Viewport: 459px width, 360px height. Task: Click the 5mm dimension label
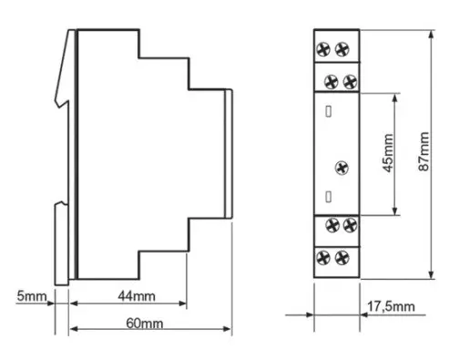coord(32,295)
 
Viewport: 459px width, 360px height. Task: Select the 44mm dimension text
coord(137,296)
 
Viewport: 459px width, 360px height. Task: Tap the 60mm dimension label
coord(145,324)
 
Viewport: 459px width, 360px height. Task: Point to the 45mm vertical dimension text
coord(388,153)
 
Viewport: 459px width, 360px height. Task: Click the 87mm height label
coord(423,151)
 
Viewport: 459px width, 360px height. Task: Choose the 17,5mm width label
coord(391,306)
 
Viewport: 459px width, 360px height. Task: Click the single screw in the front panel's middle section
coord(342,168)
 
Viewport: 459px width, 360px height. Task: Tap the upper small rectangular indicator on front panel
coord(328,111)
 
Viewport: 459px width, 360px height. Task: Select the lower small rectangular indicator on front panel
coord(328,197)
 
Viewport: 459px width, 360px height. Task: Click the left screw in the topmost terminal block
coord(323,49)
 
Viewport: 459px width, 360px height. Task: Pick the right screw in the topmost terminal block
coord(342,49)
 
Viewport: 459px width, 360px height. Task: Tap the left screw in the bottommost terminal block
coord(323,258)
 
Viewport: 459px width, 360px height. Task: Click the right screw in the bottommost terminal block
coord(342,258)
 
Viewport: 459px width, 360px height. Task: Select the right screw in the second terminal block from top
coord(350,82)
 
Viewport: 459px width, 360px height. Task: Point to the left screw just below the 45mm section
coord(332,225)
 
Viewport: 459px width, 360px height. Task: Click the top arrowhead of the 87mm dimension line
coord(432,35)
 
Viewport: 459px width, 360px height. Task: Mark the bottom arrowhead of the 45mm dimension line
coord(394,211)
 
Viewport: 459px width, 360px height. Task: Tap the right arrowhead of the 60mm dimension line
coord(227,329)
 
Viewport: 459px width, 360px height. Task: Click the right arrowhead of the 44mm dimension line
coord(182,303)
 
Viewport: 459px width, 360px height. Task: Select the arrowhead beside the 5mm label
coord(50,303)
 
